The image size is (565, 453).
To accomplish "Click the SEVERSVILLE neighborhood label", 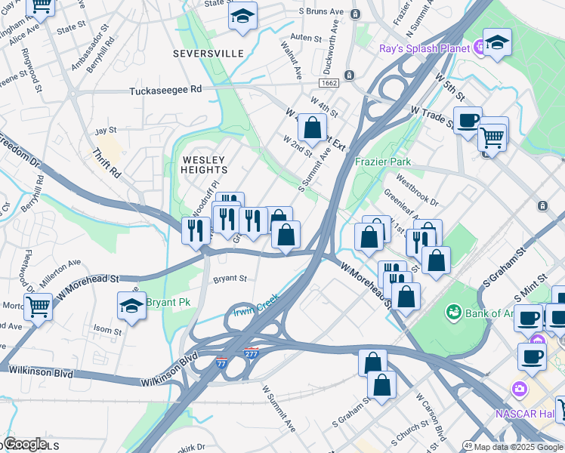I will [x=208, y=54].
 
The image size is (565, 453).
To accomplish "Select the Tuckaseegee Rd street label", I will [x=165, y=89].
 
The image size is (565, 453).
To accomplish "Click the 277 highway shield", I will [x=252, y=353].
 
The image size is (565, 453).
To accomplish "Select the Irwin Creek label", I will [x=255, y=304].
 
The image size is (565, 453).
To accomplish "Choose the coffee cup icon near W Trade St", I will [x=468, y=120].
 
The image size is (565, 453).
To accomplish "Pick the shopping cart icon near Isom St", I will [x=38, y=307].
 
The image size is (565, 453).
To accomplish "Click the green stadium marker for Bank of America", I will [x=454, y=311].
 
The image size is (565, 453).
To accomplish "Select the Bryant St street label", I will [x=230, y=279].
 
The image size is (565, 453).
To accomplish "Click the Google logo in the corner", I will [x=25, y=444].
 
